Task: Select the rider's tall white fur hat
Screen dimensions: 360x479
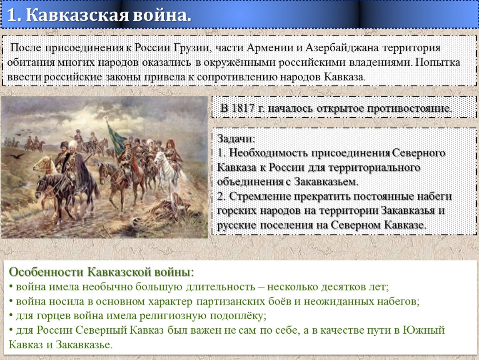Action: click(x=73, y=144)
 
